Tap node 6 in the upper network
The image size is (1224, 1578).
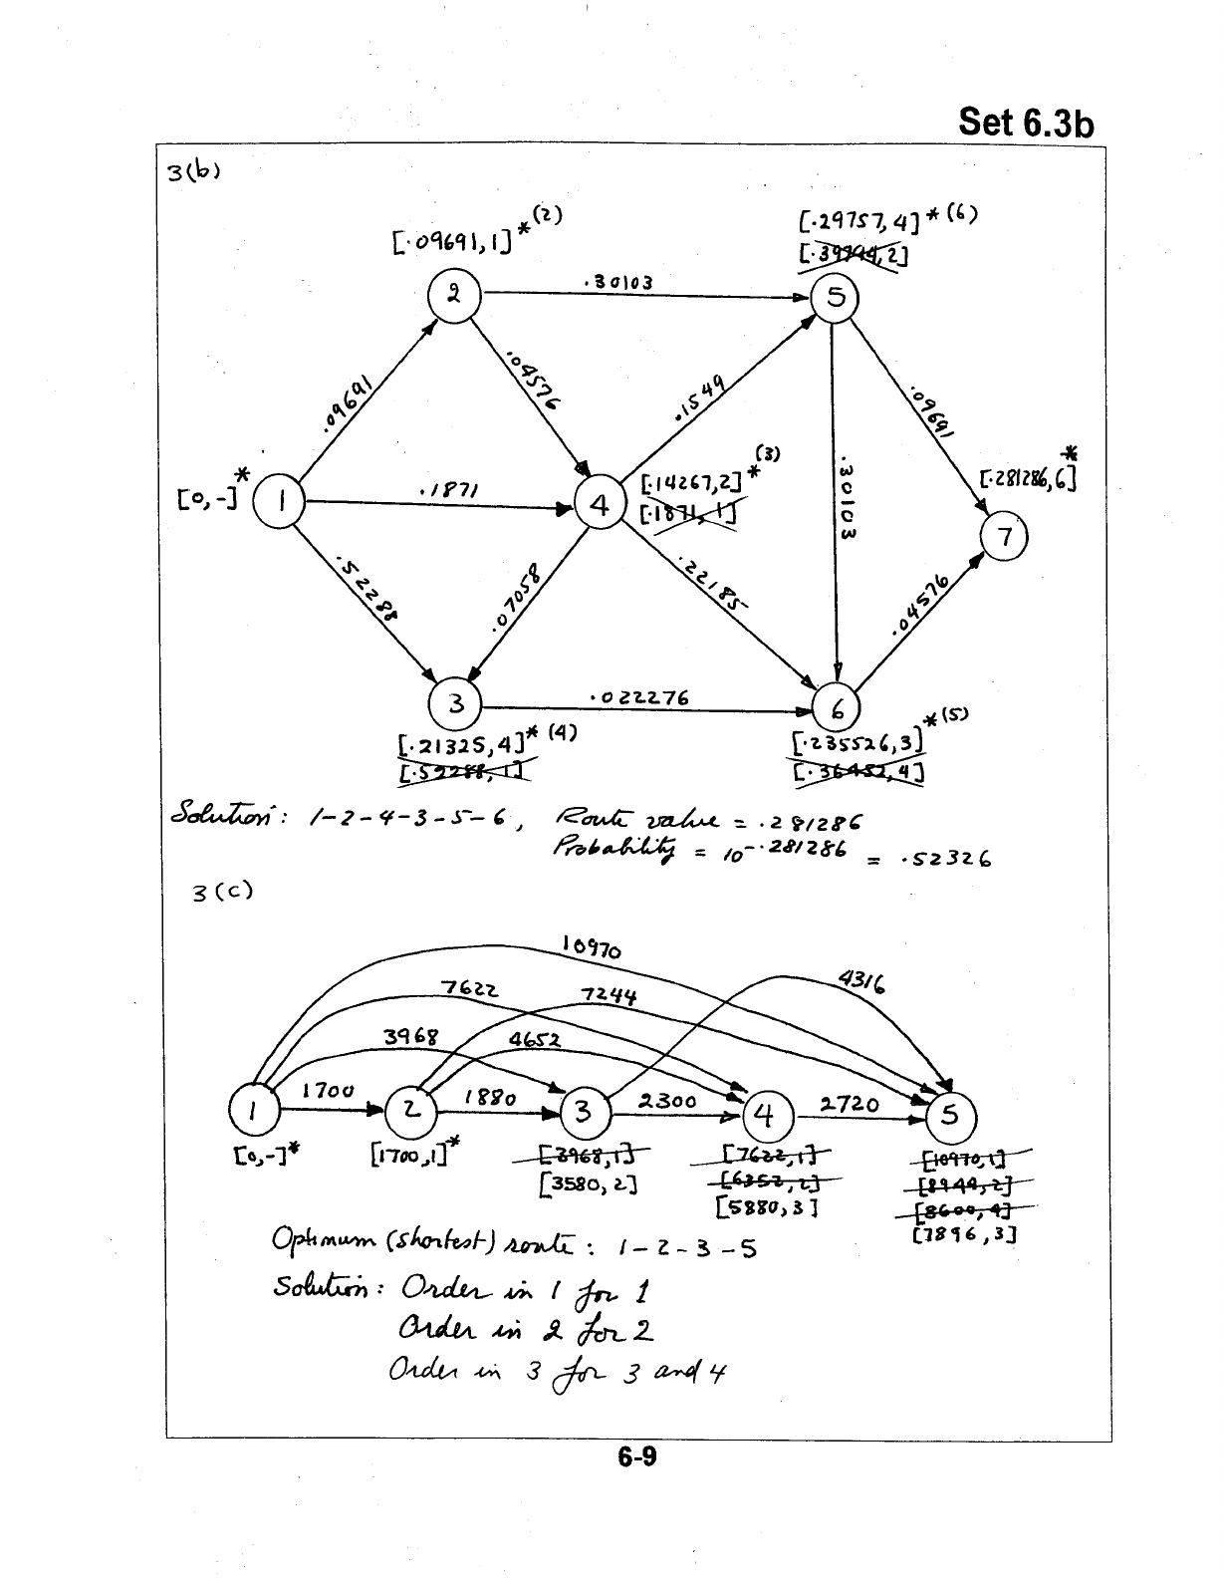pos(839,709)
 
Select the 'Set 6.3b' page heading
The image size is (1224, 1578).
pos(1025,125)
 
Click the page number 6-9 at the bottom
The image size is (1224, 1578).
pos(636,1457)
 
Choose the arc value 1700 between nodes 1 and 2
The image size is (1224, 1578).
pos(328,1091)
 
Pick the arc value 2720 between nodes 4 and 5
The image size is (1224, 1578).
pos(851,1104)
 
